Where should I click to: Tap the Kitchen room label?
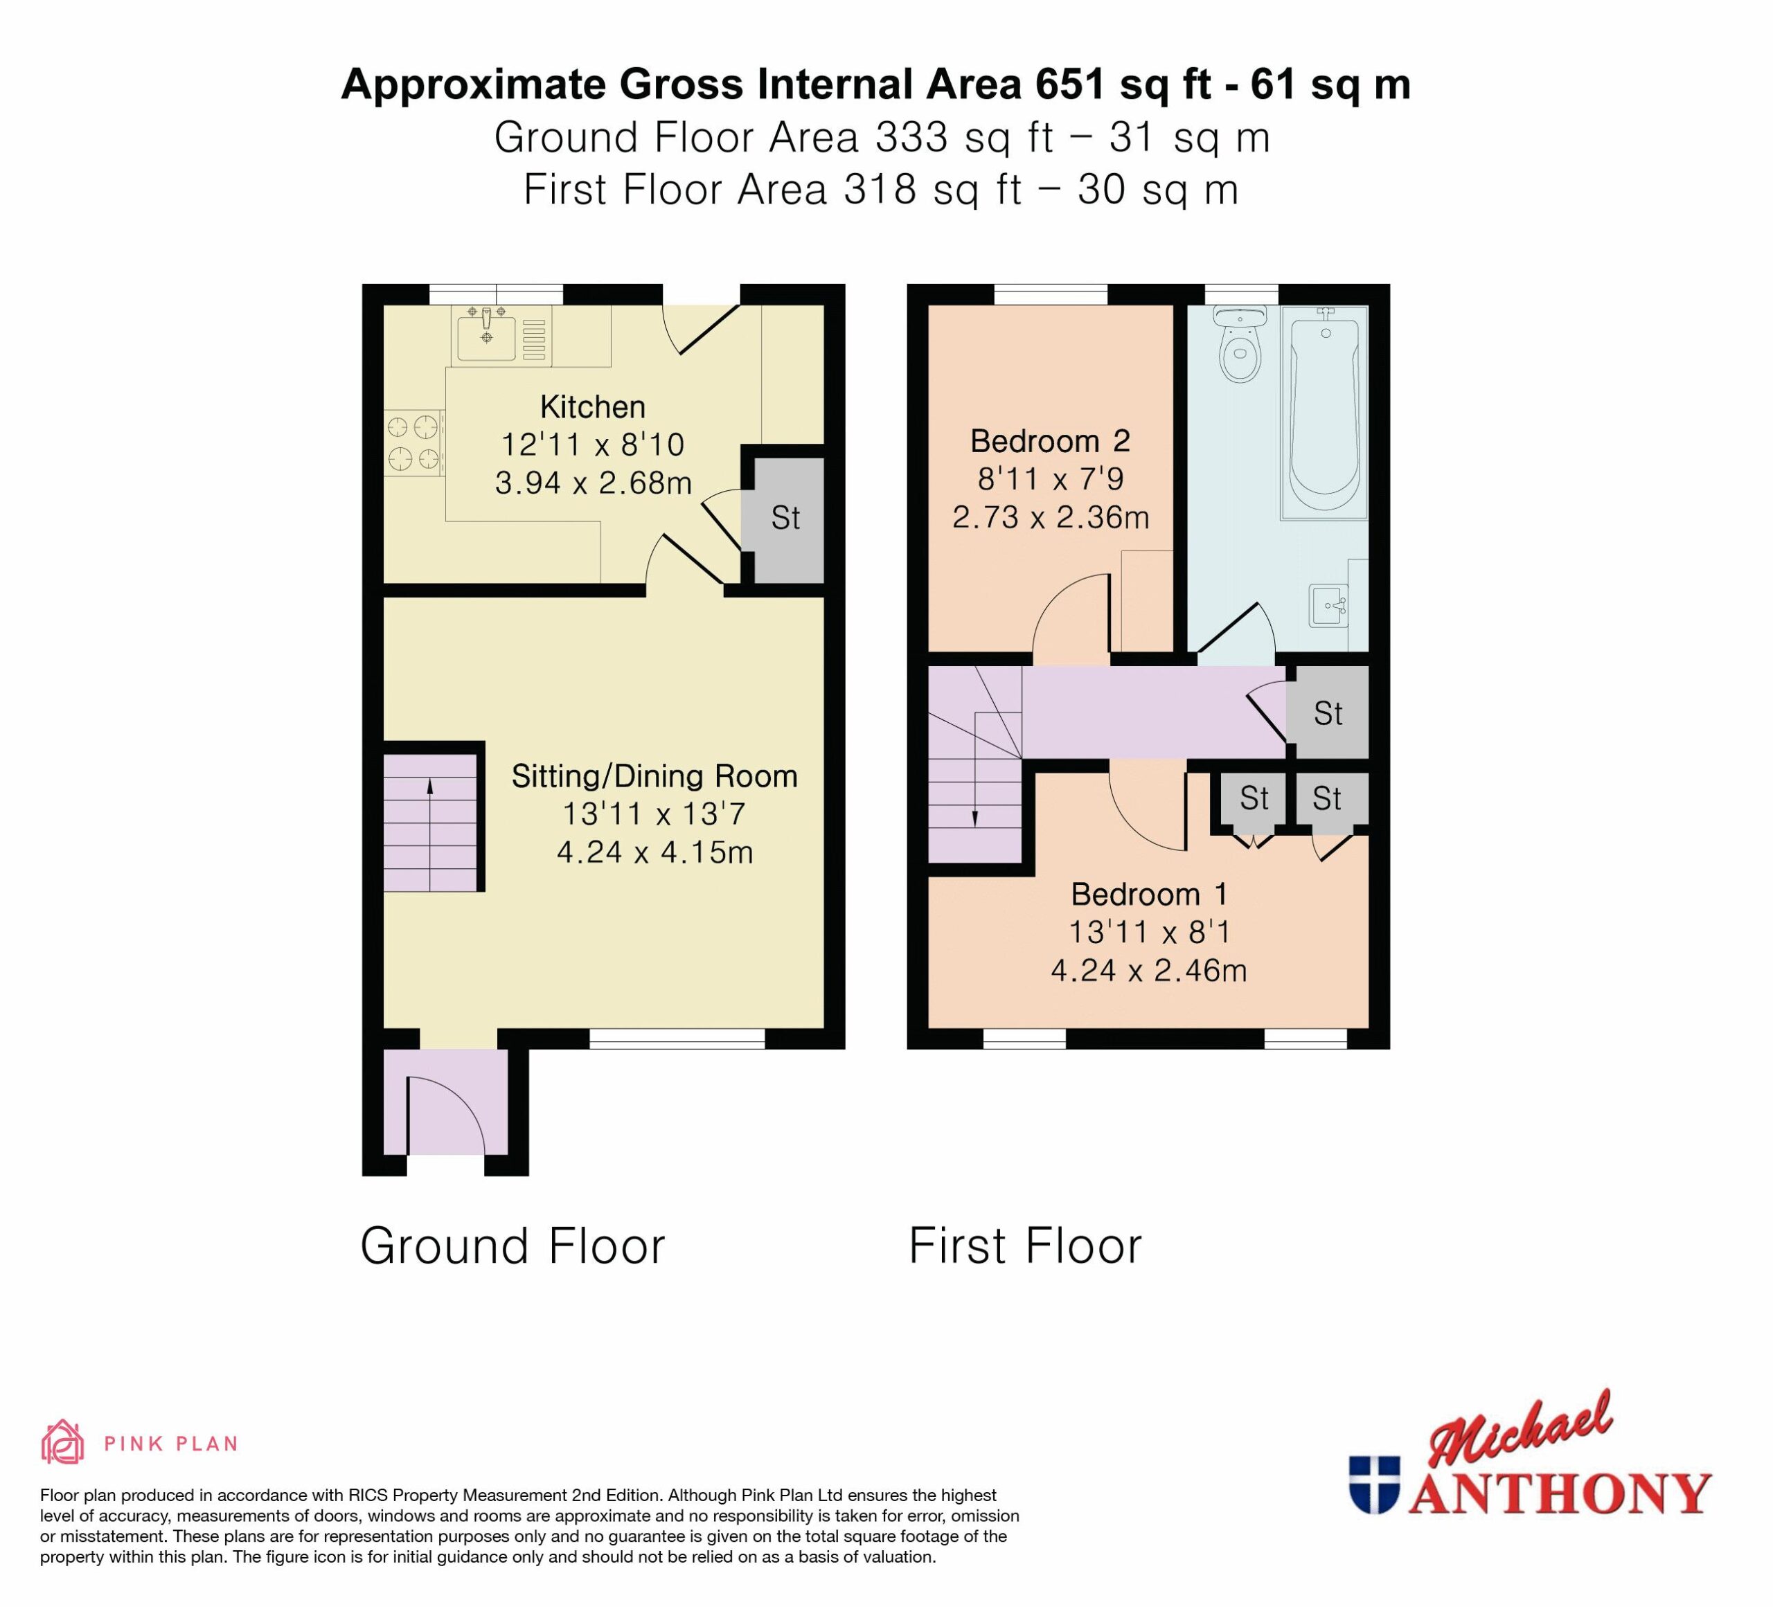point(593,407)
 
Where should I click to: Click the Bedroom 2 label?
point(1050,440)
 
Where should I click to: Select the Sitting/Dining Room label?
point(654,776)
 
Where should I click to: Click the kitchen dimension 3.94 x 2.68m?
point(594,483)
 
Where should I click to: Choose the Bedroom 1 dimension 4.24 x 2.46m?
point(1148,971)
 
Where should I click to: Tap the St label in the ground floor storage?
point(785,518)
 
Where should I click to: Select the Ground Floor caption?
point(513,1246)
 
